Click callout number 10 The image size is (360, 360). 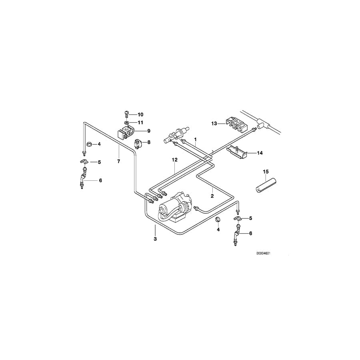point(140,114)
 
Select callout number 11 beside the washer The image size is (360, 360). point(140,123)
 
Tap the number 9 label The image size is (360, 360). point(149,131)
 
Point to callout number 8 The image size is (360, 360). point(149,142)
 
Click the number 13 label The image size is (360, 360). point(214,124)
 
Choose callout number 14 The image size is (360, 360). point(260,153)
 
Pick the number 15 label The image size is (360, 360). point(266,172)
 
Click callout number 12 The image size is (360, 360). point(175,160)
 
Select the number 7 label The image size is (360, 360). point(118,162)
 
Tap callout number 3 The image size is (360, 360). point(155,239)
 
